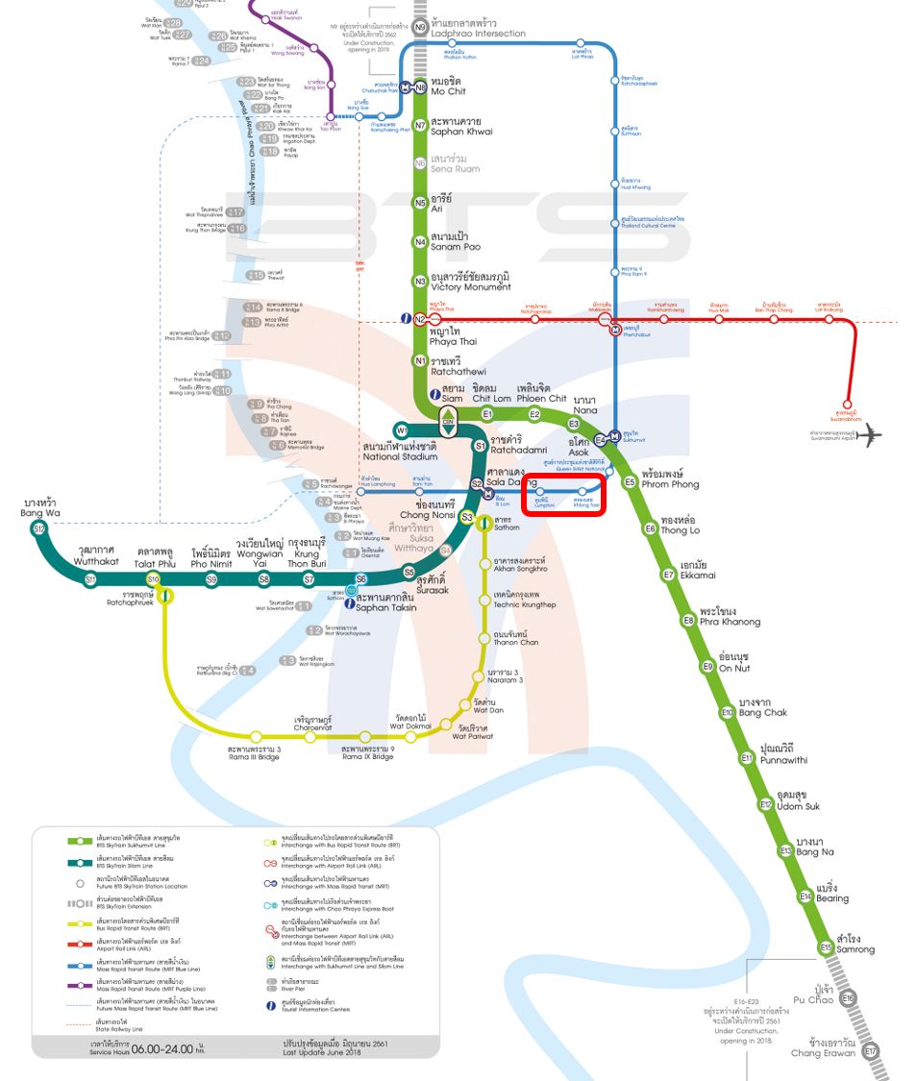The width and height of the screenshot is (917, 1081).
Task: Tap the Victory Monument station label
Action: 470,282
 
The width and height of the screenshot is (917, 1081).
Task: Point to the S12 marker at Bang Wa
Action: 38,529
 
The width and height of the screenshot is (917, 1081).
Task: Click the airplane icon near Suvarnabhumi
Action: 870,435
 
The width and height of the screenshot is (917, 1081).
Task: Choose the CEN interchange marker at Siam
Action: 448,420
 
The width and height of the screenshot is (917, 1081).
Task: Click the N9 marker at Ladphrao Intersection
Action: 420,27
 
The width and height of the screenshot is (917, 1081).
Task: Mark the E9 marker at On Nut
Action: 707,666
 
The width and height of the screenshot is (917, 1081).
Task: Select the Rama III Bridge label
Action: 254,753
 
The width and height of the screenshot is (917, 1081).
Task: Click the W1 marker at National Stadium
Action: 402,430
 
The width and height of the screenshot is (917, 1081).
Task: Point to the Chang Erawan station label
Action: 823,1048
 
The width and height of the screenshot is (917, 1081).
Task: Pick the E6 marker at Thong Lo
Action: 650,528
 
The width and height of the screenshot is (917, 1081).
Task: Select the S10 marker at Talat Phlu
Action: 153,578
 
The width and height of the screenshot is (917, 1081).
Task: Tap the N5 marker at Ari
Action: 420,203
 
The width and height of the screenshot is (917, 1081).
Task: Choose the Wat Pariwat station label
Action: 473,731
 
